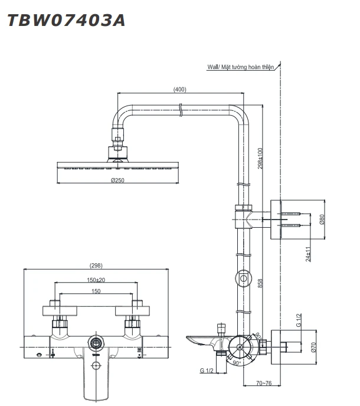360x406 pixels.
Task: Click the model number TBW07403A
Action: pyautogui.click(x=66, y=21)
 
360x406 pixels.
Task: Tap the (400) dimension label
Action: pyautogui.click(x=181, y=90)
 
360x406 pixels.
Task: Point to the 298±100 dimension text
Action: pyautogui.click(x=260, y=158)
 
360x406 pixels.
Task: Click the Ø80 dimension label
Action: pyautogui.click(x=322, y=220)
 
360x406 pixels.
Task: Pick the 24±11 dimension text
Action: pyautogui.click(x=308, y=254)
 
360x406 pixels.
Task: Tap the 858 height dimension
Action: pyautogui.click(x=260, y=284)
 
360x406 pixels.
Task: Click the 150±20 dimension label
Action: pyautogui.click(x=96, y=280)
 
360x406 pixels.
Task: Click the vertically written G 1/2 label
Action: pyautogui.click(x=299, y=321)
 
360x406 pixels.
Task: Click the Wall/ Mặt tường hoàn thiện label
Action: pyautogui.click(x=241, y=68)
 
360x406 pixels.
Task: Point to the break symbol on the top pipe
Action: pyautogui.click(x=179, y=109)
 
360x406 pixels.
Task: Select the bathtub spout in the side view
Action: pyautogui.click(x=204, y=340)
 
